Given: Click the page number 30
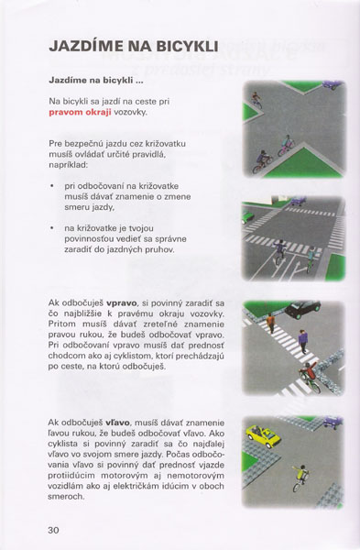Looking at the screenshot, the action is click(x=54, y=530).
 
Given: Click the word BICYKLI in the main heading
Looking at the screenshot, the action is click(x=188, y=47).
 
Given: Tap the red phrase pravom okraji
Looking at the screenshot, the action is click(x=80, y=112).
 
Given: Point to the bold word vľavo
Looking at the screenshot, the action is click(x=117, y=423).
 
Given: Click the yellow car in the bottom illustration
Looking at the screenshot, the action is click(x=264, y=436).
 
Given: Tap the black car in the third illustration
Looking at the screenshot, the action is click(x=302, y=309).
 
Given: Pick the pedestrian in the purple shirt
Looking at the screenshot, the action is click(x=303, y=341).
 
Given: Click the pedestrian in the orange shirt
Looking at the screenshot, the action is click(x=270, y=323).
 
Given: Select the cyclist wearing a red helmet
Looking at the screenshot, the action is click(x=310, y=377).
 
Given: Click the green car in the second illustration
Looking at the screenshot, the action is click(x=246, y=216).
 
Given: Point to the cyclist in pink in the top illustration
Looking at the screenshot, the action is click(x=286, y=146).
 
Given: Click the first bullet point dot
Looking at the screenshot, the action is click(x=52, y=186).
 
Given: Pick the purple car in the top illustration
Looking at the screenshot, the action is click(x=332, y=84).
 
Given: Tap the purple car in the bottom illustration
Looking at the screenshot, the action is click(x=333, y=422).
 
